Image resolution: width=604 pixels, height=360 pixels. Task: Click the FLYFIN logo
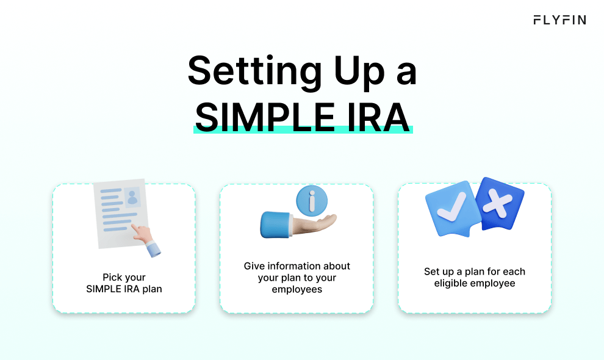click(559, 20)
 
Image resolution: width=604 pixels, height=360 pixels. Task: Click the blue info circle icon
click(311, 200)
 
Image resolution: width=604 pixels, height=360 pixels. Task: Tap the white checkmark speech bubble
click(452, 208)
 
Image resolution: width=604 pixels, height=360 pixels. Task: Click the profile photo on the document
click(132, 196)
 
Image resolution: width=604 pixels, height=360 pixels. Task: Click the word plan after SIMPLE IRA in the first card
click(151, 288)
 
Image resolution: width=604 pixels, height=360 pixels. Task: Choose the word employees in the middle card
click(297, 289)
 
